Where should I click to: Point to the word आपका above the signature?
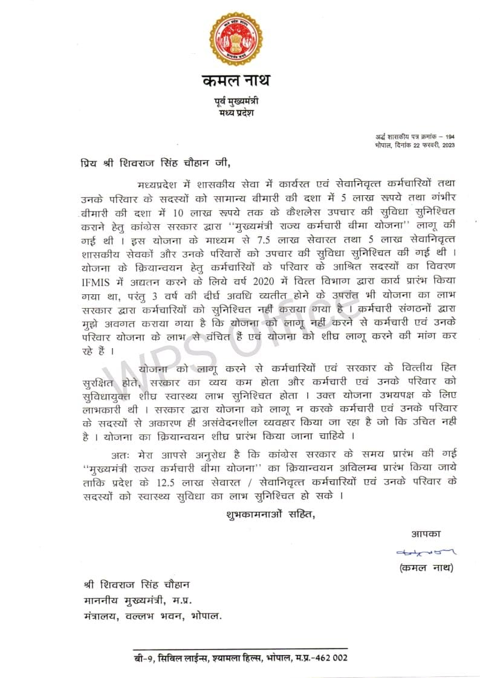click(x=427, y=534)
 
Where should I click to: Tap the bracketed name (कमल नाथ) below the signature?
click(x=426, y=568)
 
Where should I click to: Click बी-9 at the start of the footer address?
click(x=144, y=657)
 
